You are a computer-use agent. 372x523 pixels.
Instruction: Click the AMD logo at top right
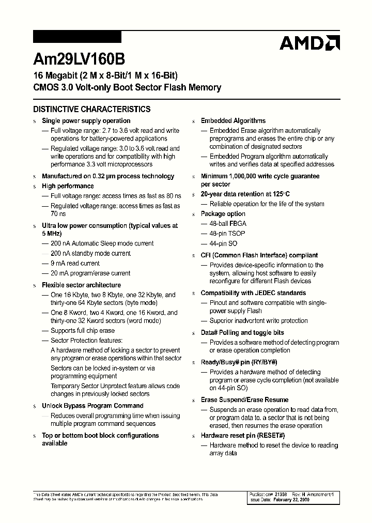click(309, 43)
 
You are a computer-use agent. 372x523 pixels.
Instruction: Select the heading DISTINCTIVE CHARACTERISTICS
click(91, 109)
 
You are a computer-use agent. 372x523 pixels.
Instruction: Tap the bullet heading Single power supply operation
click(79, 121)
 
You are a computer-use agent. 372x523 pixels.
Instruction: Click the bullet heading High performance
click(68, 186)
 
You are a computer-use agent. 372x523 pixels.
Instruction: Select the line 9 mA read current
click(75, 263)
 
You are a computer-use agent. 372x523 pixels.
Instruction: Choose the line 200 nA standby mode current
click(90, 253)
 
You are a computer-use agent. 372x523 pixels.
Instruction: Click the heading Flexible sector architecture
click(81, 285)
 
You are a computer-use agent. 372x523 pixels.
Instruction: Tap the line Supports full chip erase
click(82, 331)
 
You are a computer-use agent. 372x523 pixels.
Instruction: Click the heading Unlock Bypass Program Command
click(92, 406)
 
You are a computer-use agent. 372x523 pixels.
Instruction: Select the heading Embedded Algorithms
click(233, 121)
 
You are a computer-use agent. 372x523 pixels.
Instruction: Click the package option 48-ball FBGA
click(228, 223)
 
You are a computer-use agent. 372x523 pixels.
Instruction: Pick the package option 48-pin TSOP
click(227, 233)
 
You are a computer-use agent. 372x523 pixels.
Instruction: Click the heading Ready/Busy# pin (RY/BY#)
click(239, 362)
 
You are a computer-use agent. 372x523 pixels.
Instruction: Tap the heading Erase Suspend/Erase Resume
click(244, 400)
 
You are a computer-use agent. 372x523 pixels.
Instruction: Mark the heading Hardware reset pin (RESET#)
click(243, 436)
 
